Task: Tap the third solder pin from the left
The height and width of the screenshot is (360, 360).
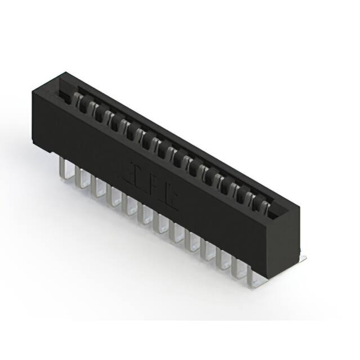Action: coord(98,188)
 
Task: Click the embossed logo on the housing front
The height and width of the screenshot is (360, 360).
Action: coord(155,186)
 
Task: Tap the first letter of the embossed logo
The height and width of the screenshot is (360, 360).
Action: coord(138,175)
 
